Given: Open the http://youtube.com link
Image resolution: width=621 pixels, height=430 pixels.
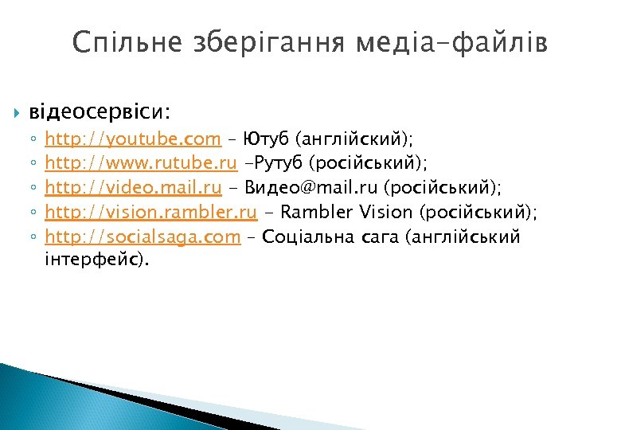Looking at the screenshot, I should point(133,139).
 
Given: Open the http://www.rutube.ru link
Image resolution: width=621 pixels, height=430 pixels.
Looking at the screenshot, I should point(141,163).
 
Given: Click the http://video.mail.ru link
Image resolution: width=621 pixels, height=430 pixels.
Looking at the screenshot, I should point(133,188).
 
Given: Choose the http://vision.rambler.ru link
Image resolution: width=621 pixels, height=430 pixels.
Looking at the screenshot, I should point(151,213).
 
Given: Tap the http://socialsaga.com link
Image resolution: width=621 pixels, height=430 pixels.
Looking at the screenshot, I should point(143,236).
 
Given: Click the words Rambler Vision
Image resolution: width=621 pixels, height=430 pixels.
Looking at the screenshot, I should point(345,213).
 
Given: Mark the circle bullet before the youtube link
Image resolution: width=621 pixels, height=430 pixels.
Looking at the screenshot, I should point(33,140).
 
